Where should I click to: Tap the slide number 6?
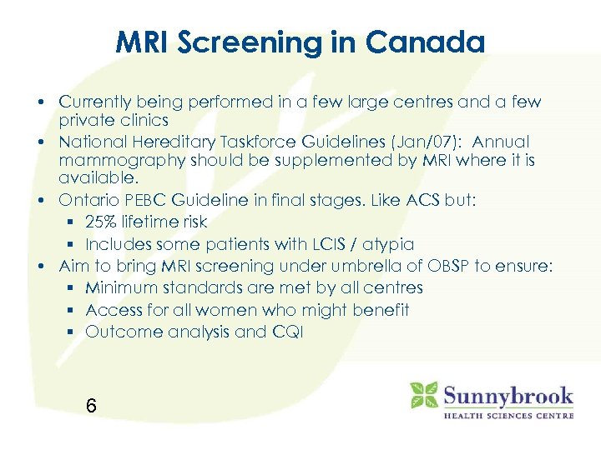pos(91,406)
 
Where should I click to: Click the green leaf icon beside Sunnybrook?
pos(424,395)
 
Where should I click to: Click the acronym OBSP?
pos(449,267)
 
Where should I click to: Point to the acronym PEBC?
pos(136,201)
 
